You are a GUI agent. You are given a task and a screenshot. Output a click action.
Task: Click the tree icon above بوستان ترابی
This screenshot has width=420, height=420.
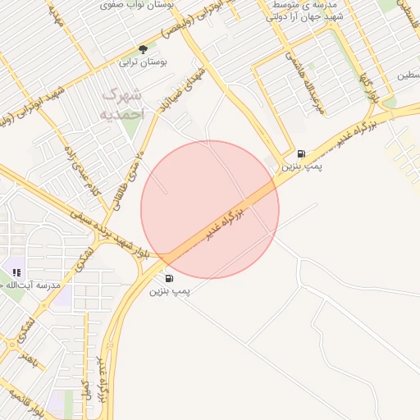(144, 49)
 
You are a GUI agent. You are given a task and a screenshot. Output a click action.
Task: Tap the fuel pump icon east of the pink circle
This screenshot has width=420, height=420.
(301, 153)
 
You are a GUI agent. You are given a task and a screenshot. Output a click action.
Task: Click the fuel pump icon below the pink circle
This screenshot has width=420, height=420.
(169, 279)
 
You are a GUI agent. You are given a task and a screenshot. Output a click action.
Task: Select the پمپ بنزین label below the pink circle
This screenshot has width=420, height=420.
(169, 291)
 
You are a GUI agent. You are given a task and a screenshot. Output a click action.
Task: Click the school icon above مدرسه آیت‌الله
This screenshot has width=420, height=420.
(16, 272)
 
